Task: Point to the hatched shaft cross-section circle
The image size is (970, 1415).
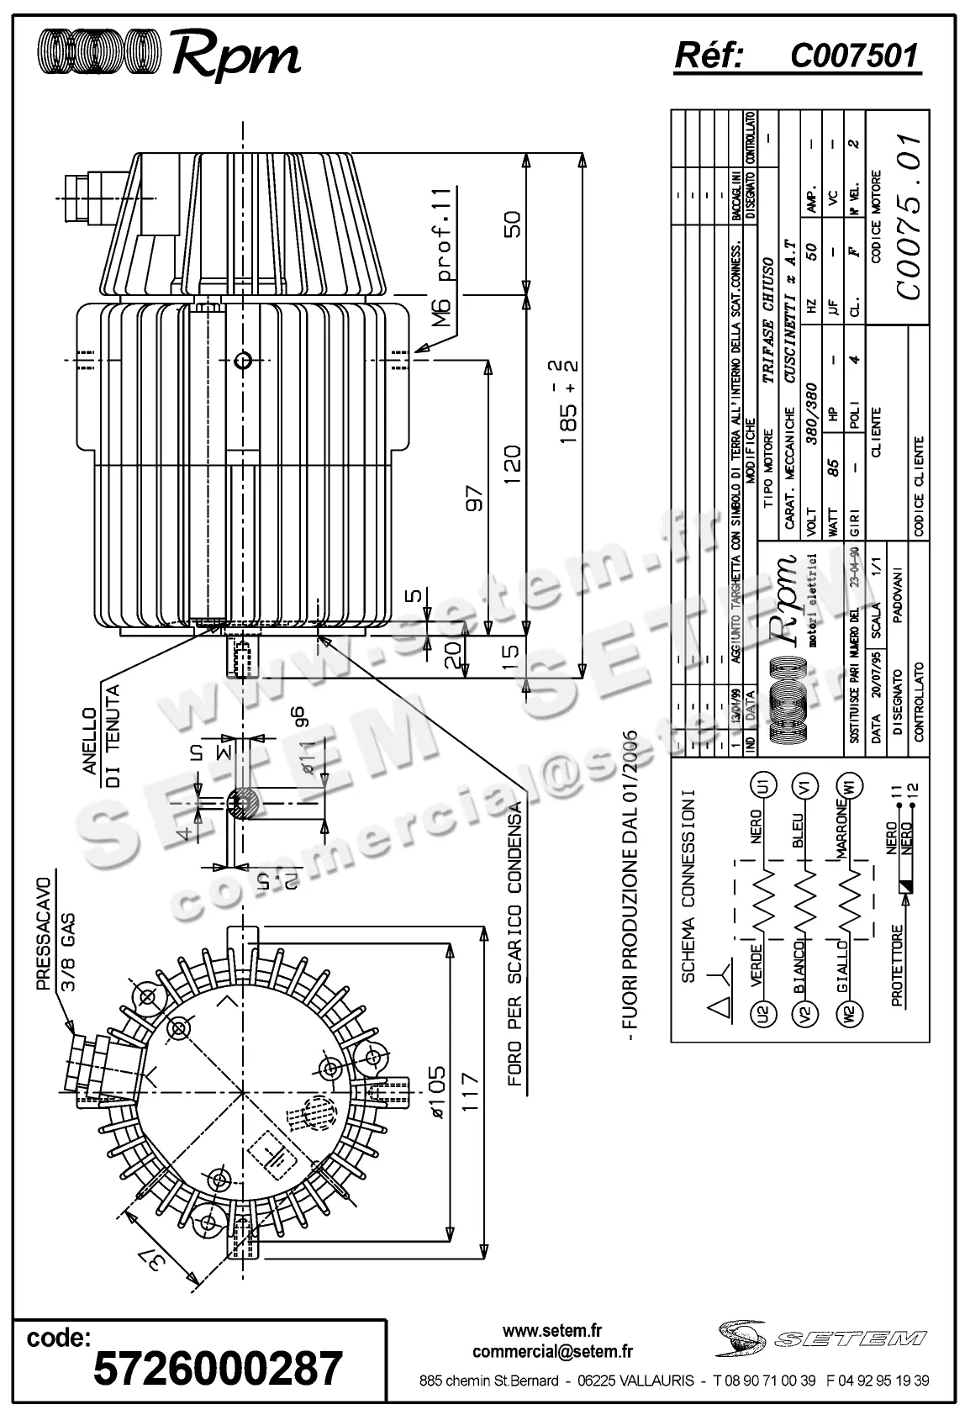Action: (241, 804)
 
